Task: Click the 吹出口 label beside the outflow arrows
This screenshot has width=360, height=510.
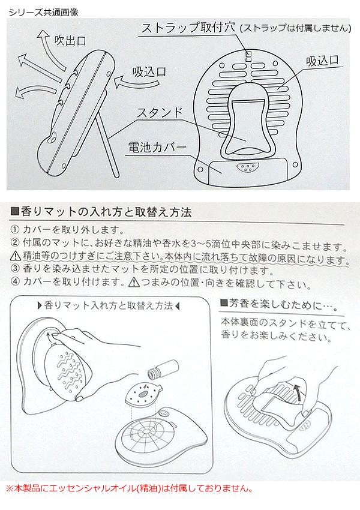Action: pos(70,40)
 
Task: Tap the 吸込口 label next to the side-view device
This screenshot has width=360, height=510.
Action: pos(149,71)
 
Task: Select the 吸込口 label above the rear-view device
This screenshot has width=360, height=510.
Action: pos(323,61)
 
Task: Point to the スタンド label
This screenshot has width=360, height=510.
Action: pos(160,113)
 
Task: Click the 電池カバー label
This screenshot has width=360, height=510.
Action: pos(157,147)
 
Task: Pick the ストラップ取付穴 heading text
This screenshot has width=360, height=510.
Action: pos(188,28)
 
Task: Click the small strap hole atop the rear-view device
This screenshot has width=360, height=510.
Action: pos(248,56)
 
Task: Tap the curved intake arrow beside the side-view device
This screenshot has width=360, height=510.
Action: pos(129,83)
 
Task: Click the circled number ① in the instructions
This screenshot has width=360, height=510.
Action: pos(15,230)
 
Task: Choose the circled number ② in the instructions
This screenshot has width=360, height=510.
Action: pos(15,242)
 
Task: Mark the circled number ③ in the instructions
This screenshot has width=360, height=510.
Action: pos(15,269)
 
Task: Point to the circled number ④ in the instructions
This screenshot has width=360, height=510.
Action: pos(15,281)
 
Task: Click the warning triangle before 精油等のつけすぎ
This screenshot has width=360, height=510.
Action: pos(15,256)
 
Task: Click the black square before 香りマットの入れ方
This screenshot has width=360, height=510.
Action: pos(14,212)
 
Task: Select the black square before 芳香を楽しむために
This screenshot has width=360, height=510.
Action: pos(224,303)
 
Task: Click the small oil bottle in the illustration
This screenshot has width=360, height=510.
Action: pos(163,369)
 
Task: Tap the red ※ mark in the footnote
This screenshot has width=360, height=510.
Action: pos(10,488)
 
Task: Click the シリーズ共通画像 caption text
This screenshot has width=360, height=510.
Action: pos(44,13)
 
